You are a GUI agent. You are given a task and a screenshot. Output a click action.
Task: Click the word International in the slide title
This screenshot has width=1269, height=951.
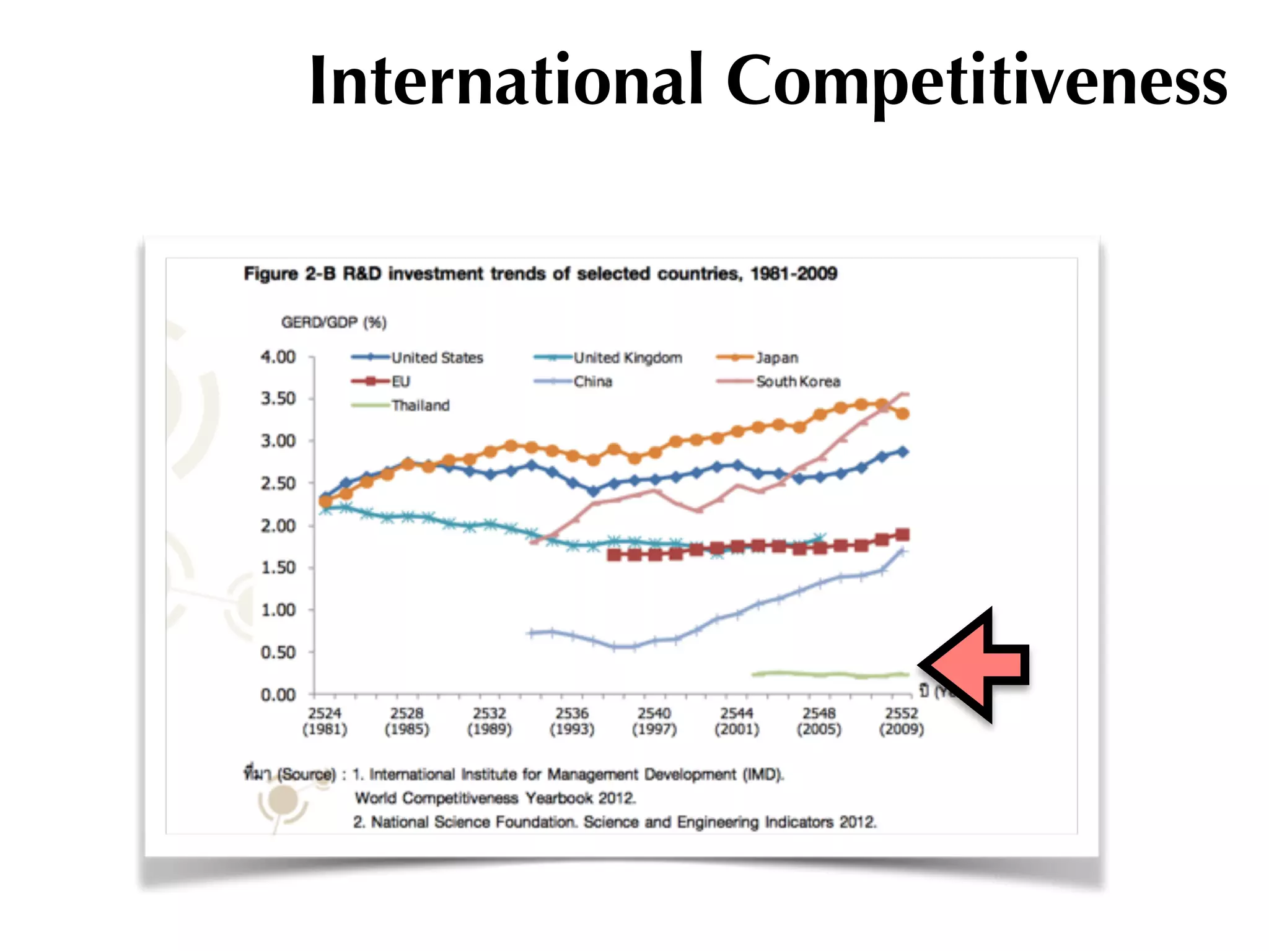click(506, 80)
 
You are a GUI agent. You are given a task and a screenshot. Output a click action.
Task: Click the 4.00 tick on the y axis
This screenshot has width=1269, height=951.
click(278, 357)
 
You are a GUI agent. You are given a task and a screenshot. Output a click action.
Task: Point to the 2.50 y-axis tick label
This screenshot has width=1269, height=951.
click(278, 484)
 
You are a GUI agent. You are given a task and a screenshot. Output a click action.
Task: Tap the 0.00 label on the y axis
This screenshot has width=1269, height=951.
click(278, 695)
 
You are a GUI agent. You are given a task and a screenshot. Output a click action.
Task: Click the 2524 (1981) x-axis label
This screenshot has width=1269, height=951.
click(325, 721)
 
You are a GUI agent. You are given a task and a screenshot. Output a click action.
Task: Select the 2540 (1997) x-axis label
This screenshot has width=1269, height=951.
click(654, 721)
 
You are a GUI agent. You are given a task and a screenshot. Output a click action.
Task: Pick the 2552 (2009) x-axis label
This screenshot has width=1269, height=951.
click(902, 721)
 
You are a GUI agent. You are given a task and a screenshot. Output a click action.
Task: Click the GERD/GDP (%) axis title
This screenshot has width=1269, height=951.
click(333, 323)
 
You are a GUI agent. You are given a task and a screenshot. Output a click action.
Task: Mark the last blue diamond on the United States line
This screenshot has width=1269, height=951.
click(903, 452)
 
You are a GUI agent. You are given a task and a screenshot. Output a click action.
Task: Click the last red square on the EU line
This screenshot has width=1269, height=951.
click(903, 534)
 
